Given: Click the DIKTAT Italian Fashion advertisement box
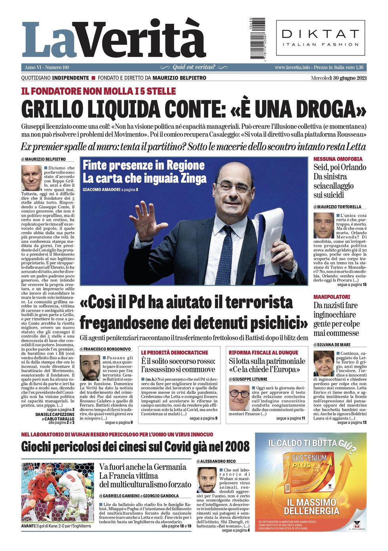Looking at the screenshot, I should pyautogui.click(x=320, y=38).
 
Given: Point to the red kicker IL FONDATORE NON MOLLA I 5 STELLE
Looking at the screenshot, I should pyautogui.click(x=99, y=92).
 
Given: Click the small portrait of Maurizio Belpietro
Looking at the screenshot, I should pyautogui.click(x=31, y=178).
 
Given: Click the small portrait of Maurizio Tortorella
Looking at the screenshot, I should pyautogui.click(x=323, y=225).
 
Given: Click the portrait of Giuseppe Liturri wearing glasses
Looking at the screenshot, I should pyautogui.click(x=239, y=397).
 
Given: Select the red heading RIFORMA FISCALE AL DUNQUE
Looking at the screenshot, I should pyautogui.click(x=263, y=353).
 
